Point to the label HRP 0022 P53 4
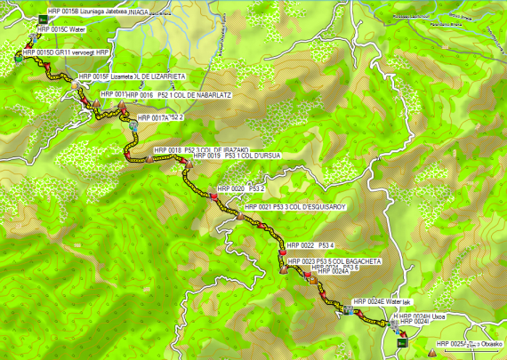point(310,245)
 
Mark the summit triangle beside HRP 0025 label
point(432,351)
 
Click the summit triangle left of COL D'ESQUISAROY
point(239,216)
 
